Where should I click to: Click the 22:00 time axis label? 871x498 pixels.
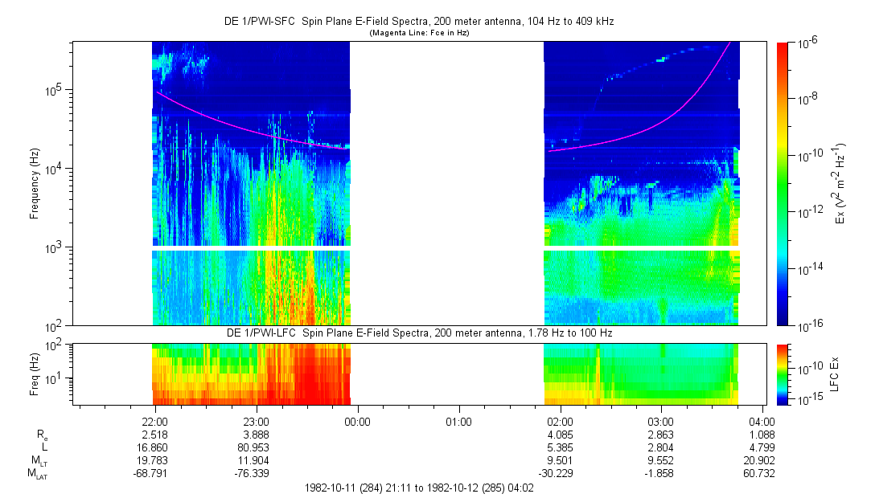(154, 420)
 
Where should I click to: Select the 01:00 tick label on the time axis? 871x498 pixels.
(458, 420)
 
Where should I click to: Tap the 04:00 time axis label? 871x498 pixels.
(762, 420)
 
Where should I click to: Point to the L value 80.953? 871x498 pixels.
(256, 447)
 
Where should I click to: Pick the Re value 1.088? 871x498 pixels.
(762, 434)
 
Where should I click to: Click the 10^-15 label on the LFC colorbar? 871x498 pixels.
(807, 398)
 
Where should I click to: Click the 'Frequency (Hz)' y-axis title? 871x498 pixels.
(35, 184)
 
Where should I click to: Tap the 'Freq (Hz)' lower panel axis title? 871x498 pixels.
(35, 375)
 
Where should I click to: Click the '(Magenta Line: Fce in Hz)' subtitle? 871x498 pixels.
(419, 33)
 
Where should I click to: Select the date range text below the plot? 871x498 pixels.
(419, 488)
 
